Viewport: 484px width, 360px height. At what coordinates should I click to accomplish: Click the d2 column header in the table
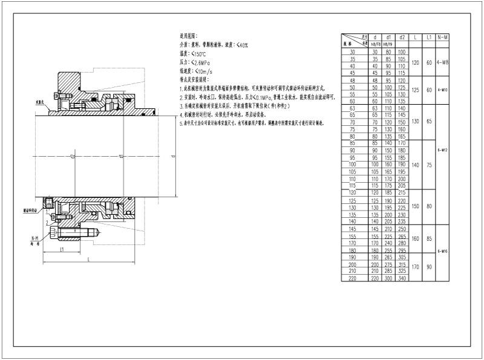[402, 37]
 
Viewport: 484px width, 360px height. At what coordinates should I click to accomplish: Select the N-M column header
[442, 37]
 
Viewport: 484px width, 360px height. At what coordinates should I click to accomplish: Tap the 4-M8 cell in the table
[442, 62]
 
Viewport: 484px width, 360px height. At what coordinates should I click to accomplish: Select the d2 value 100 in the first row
[402, 53]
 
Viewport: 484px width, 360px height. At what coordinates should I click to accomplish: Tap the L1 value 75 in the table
[429, 164]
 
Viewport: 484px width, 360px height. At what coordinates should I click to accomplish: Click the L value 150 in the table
[416, 206]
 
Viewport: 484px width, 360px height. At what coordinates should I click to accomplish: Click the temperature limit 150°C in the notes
[202, 53]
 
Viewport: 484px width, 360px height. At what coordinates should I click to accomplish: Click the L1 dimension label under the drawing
[62, 249]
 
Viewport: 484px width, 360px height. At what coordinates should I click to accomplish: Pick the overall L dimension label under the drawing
[89, 260]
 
